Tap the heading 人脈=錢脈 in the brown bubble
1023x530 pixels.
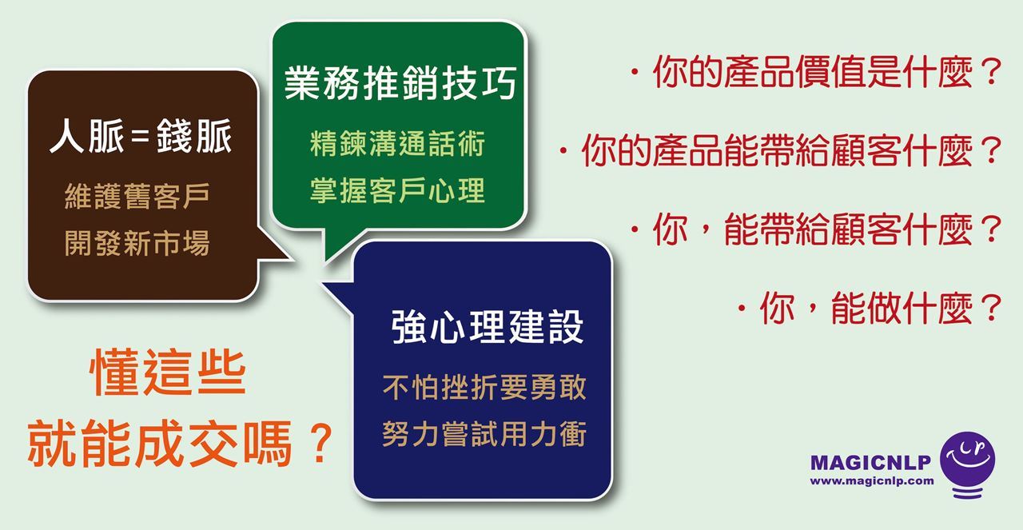(x=141, y=136)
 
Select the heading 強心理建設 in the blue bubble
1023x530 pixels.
(x=488, y=326)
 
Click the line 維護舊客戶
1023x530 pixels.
(x=137, y=196)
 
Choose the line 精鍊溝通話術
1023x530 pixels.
(x=397, y=143)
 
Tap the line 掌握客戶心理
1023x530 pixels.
(x=397, y=190)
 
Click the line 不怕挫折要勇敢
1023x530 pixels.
(x=484, y=388)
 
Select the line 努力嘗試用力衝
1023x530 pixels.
(x=484, y=433)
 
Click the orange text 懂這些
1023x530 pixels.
(x=168, y=373)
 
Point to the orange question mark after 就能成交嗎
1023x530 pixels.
(x=320, y=442)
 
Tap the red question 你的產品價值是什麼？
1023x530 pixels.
(x=827, y=72)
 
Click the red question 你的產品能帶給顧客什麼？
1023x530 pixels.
(x=791, y=150)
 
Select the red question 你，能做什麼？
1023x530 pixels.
(x=881, y=308)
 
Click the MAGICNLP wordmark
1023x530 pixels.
(x=870, y=462)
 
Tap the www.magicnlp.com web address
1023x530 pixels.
(x=872, y=480)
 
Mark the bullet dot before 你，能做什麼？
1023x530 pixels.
(x=742, y=309)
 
